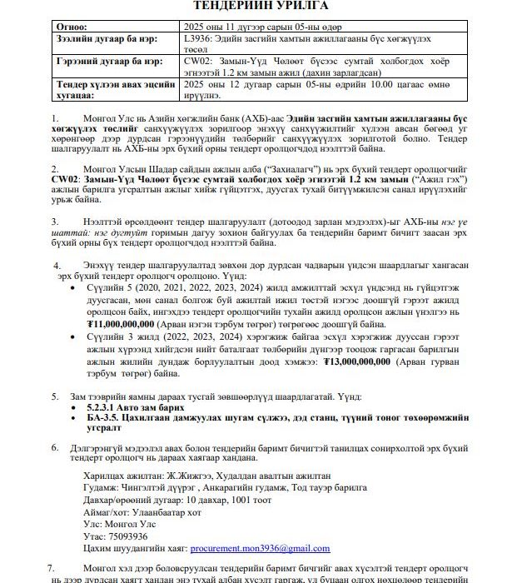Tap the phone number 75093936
click(x=128, y=536)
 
